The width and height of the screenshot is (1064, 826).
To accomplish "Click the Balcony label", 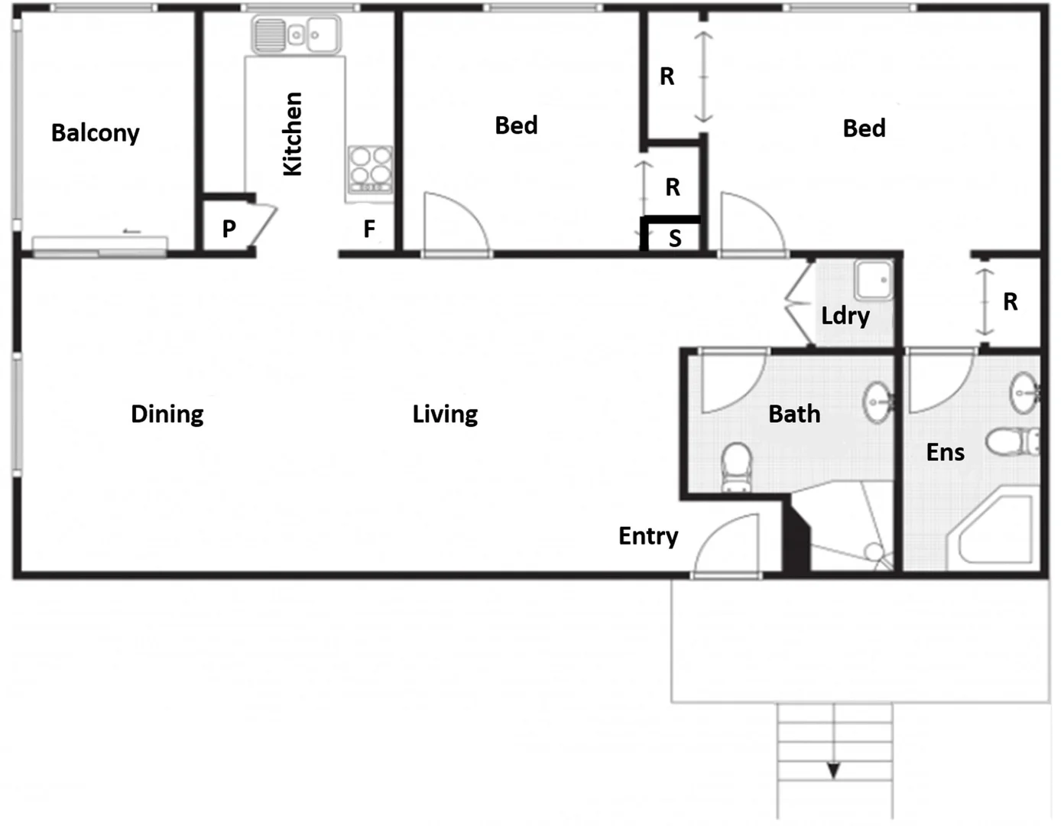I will pos(96,133).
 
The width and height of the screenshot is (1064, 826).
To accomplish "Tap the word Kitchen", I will pos(293,134).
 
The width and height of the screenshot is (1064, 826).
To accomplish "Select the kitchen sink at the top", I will pos(296,35).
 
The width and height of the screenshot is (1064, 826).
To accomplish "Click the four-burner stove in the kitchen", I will pos(371,169).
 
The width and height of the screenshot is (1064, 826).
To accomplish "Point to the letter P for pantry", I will pos(229,229).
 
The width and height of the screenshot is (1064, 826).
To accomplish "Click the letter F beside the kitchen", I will pos(369,229).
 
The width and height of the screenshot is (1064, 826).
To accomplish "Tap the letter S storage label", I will pos(675,239).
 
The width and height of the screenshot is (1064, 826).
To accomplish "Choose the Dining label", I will pos(167,414).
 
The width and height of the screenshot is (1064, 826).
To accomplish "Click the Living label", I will pos(445,414).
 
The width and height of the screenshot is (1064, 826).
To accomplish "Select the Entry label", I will pos(648,536).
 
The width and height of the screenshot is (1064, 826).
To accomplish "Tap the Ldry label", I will pos(845,316).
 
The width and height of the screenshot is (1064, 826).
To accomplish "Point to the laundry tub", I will pos(873,280).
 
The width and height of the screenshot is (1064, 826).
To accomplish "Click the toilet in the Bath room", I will pos(737,466).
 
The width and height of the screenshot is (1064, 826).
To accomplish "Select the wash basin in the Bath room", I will pos(877,402).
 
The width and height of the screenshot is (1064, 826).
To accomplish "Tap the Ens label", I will pos(946,452).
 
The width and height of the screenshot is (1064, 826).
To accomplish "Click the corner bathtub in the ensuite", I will pos(994,532).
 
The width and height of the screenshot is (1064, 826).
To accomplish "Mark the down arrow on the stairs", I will pos(834,770).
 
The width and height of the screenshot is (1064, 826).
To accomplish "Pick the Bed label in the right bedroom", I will pos(864,128).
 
